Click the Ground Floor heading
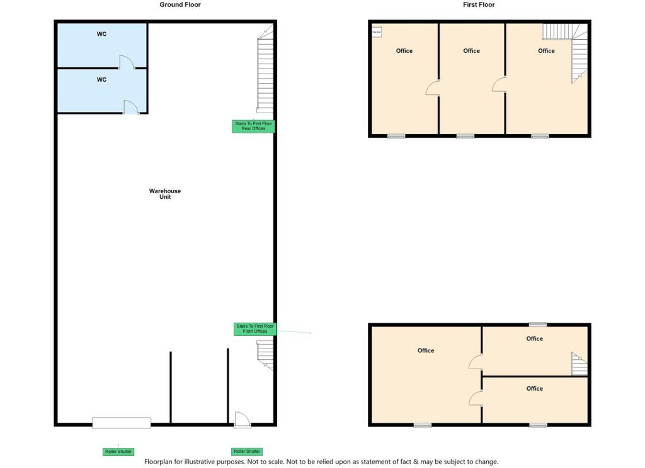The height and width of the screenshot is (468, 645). click(180, 5)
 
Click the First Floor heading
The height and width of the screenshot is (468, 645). click(479, 5)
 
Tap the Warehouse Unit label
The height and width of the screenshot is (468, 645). click(165, 194)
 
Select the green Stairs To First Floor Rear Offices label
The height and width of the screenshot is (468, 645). click(253, 126)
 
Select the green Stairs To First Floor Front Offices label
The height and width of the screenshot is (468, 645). click(254, 328)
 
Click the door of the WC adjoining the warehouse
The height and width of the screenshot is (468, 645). click(131, 108)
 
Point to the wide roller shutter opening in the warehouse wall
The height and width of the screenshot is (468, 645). click(122, 423)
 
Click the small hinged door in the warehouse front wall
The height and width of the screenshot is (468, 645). click(242, 420)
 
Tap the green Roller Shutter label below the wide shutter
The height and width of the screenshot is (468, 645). click(118, 452)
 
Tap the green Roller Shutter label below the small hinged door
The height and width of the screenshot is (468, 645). click(246, 452)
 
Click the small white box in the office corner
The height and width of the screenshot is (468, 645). click(377, 31)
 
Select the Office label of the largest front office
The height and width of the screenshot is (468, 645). click(426, 350)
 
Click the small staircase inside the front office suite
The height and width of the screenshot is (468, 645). click(579, 364)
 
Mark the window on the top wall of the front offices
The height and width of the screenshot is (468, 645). click(537, 325)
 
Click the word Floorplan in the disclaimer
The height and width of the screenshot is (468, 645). click(160, 462)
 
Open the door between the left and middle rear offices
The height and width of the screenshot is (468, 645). click(433, 89)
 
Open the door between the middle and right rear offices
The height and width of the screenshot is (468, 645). click(499, 84)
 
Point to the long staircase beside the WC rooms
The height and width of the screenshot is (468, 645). click(265, 74)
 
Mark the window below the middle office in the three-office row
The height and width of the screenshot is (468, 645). click(465, 136)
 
